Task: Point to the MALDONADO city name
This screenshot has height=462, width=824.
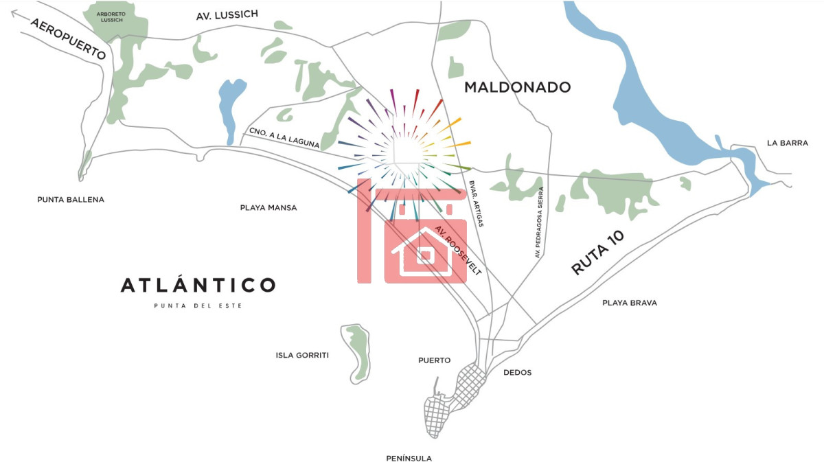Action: point(517,87)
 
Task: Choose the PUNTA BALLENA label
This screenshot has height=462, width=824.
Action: point(71,200)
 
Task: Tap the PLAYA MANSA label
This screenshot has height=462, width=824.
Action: point(268,207)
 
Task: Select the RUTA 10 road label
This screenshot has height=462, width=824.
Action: point(598,253)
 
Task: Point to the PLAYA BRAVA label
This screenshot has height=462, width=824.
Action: point(630,303)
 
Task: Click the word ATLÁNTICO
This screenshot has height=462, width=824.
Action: point(198,285)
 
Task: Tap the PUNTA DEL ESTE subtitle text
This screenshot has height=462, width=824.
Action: point(198,305)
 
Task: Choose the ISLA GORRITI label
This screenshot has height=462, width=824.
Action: point(302,356)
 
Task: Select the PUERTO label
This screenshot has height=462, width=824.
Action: point(435,360)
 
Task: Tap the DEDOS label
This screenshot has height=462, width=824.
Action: point(517,373)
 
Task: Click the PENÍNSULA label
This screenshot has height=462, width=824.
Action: point(409,458)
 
